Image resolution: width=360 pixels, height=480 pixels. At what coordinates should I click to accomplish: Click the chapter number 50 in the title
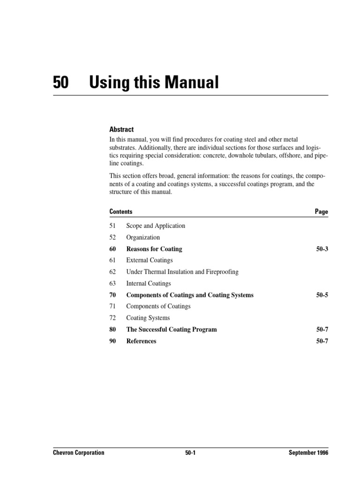(61, 83)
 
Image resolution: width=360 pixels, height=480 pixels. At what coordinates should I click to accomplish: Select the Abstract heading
(121, 129)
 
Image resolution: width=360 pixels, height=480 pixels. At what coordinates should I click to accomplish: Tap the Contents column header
(121, 212)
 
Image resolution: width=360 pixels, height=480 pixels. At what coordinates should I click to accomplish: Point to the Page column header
(322, 212)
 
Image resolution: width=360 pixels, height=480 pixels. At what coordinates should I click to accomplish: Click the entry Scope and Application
(156, 226)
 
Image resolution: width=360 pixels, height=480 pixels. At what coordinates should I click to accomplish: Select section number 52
(112, 237)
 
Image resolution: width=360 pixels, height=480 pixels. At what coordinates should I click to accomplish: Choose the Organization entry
(143, 237)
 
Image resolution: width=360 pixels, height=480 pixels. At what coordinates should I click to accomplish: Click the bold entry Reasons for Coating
(154, 249)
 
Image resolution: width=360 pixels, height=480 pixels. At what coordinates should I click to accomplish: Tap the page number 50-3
(322, 249)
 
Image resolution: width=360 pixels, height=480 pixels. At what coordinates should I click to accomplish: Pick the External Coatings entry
(150, 260)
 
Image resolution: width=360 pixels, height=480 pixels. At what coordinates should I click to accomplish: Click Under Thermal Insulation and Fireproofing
(182, 272)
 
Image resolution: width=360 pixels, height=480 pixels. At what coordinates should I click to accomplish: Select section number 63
(112, 283)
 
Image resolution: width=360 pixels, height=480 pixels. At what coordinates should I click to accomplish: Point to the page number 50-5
(322, 295)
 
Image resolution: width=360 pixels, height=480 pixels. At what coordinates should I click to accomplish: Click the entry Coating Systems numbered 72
(148, 318)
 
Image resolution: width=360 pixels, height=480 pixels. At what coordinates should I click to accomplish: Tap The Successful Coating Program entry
(172, 330)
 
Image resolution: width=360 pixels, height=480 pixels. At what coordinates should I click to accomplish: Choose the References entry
(141, 341)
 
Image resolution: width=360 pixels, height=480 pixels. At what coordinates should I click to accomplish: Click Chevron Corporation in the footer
(78, 453)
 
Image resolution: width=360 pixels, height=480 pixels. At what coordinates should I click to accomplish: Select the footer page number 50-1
(190, 453)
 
